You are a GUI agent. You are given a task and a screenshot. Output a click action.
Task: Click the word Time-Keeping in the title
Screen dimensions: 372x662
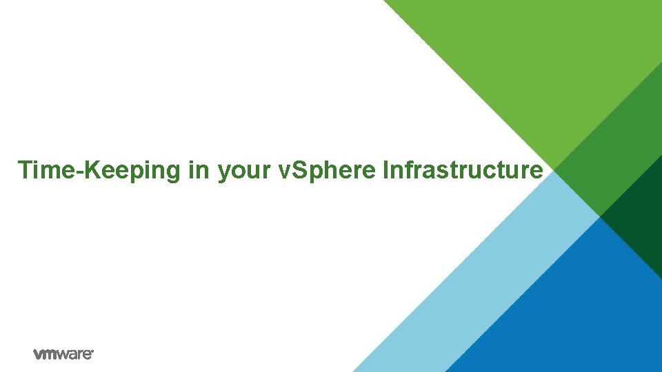[x=99, y=169]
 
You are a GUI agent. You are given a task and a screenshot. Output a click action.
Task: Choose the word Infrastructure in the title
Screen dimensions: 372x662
[x=462, y=169]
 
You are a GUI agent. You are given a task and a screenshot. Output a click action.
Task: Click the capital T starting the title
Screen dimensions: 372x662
[x=25, y=169]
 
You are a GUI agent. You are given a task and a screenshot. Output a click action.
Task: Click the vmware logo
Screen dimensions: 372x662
[x=63, y=354]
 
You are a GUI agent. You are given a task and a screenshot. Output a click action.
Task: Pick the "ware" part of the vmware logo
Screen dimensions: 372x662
[x=76, y=355]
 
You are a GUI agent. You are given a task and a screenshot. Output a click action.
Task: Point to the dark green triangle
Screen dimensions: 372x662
[x=638, y=220]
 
